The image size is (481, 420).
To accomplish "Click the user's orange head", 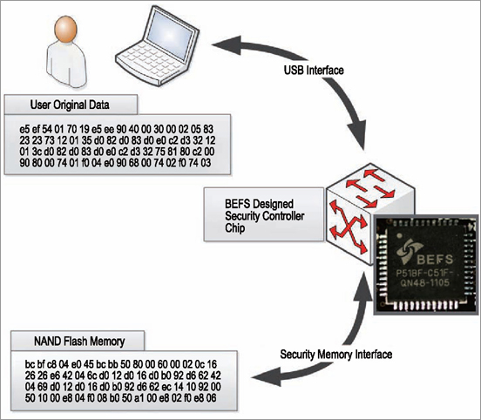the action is [65, 29].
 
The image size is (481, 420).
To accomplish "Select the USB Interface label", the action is [314, 71].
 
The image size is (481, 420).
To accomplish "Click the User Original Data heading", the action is [70, 105].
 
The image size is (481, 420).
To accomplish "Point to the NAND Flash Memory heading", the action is [79, 342].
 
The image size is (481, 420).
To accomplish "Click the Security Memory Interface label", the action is [335, 355].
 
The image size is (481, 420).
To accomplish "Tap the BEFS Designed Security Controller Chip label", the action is [264, 216].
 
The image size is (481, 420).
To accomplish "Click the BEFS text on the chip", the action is [435, 260].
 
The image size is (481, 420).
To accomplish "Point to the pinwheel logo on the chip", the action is [410, 251].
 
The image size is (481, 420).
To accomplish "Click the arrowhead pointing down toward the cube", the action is [356, 136].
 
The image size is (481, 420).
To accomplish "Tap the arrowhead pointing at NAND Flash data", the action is [267, 376].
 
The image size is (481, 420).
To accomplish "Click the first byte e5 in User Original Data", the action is [24, 129].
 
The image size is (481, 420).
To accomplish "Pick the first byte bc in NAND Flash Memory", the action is [30, 364].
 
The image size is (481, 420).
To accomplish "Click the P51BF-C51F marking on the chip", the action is [424, 273].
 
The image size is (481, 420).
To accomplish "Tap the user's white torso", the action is [66, 64].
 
